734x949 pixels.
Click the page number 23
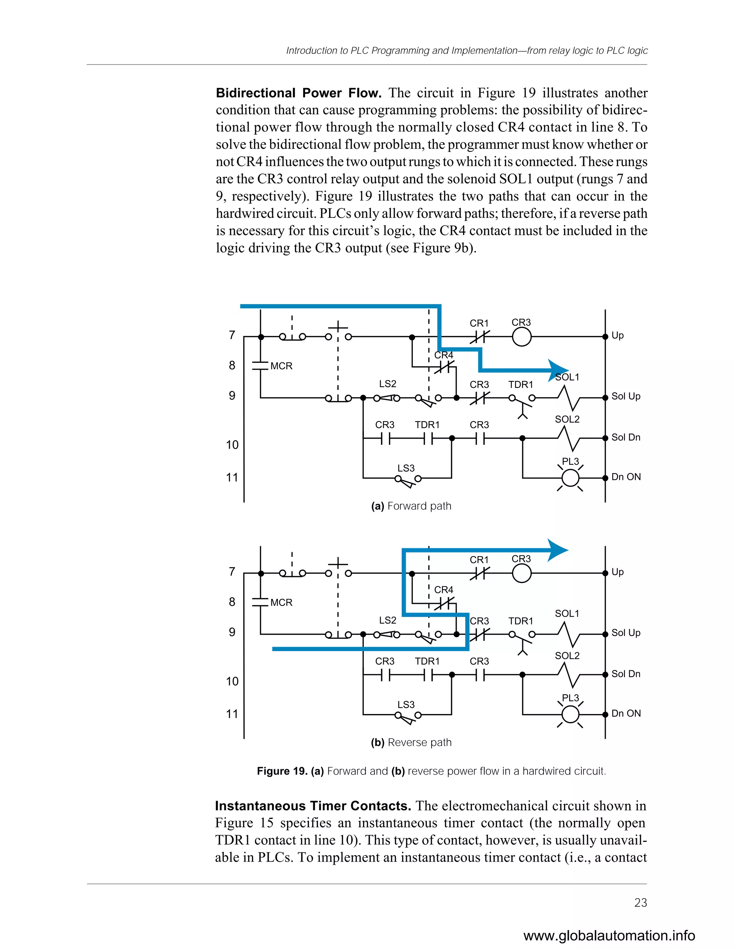[x=640, y=902]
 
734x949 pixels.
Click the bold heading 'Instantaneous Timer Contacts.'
[x=313, y=806]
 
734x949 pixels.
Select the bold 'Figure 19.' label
[x=282, y=771]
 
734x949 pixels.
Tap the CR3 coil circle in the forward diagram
[x=521, y=337]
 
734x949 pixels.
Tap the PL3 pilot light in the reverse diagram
[x=570, y=714]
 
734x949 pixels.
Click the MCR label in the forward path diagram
[x=281, y=366]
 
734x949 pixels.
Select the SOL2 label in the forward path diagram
[x=567, y=419]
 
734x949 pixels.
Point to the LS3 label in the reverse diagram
[x=406, y=704]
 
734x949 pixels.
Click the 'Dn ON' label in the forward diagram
[x=626, y=477]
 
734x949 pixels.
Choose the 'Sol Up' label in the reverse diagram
[x=626, y=633]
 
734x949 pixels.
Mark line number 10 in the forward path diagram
[x=232, y=444]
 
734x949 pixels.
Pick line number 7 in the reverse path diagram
[x=232, y=572]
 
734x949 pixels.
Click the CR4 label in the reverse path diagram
[x=444, y=590]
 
